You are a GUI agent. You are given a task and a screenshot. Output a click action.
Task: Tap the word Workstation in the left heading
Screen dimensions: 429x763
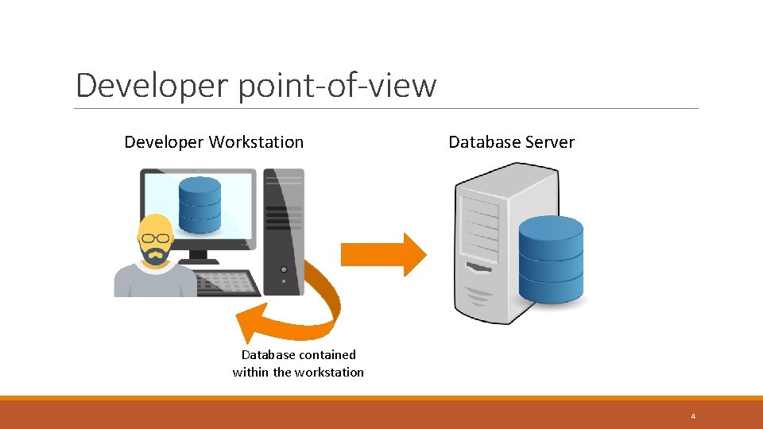256,142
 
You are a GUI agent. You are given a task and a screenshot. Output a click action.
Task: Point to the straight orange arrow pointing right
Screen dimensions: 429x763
383,254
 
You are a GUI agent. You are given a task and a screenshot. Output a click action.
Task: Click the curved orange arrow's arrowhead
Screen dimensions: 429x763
253,322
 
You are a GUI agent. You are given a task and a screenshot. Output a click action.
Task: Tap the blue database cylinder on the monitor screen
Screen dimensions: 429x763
199,204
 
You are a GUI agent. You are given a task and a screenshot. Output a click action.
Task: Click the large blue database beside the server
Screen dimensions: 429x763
551,259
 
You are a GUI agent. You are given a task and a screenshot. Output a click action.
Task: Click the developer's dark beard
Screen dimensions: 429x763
155,256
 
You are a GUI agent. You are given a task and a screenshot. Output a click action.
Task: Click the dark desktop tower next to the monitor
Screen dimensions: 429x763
284,230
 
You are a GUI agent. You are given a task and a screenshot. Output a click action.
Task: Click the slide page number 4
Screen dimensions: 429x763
693,415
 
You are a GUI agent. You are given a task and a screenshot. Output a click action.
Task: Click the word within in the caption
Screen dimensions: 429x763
251,372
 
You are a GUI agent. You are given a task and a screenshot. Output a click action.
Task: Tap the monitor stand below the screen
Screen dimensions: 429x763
198,257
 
